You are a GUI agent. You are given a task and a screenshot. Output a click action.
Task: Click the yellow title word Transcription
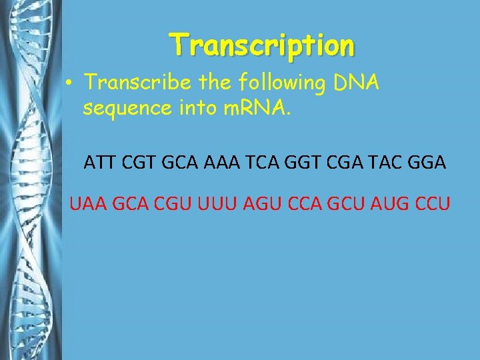coord(262,45)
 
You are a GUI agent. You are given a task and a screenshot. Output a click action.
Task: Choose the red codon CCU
coord(430,201)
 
